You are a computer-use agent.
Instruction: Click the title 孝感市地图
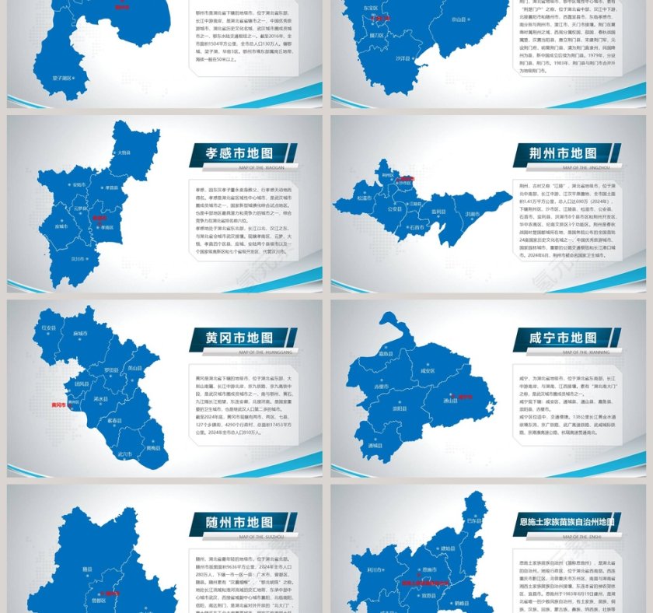point(240,154)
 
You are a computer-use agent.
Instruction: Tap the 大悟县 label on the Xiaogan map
point(124,152)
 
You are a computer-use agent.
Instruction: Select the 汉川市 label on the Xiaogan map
point(77,258)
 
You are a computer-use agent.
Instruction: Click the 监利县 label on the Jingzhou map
point(439,211)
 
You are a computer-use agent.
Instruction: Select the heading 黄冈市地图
point(239,338)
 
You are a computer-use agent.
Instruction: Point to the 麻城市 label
point(79,333)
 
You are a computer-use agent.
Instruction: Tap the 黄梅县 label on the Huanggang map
point(153,448)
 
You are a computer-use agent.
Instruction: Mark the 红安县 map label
point(49,328)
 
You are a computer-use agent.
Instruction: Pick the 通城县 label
point(375,445)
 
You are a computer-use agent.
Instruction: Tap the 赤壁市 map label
point(381,387)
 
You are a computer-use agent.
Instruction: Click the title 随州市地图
point(239,523)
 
